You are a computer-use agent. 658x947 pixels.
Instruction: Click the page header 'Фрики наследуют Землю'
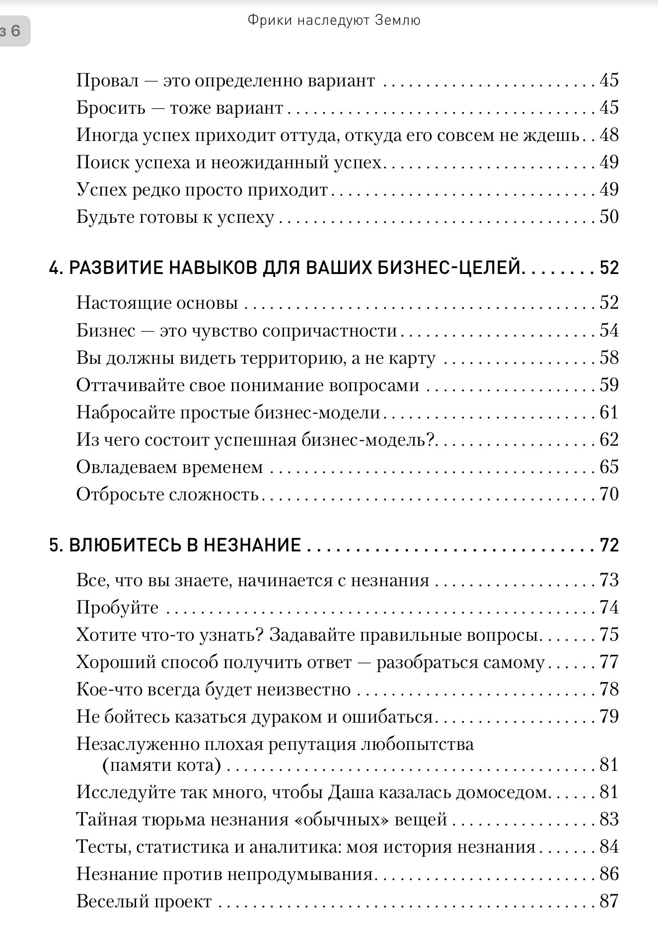click(334, 20)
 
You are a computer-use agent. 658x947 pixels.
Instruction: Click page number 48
click(609, 135)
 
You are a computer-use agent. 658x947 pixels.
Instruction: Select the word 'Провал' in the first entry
click(107, 80)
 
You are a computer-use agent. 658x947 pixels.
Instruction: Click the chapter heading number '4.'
click(56, 268)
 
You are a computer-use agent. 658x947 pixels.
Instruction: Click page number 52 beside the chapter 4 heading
click(609, 268)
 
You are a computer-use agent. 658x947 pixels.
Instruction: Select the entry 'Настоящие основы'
click(157, 303)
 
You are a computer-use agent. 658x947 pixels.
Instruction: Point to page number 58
click(609, 357)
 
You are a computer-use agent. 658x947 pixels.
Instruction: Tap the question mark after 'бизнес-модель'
click(431, 440)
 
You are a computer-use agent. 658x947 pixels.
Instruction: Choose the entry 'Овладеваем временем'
click(169, 467)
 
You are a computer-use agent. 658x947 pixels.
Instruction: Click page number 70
click(609, 494)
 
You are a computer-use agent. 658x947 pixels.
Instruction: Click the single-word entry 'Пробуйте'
click(117, 608)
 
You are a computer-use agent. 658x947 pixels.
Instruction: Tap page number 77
click(609, 662)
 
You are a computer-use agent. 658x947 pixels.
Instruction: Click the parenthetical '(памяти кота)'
click(161, 765)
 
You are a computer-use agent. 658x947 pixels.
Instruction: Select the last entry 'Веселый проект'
click(144, 901)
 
